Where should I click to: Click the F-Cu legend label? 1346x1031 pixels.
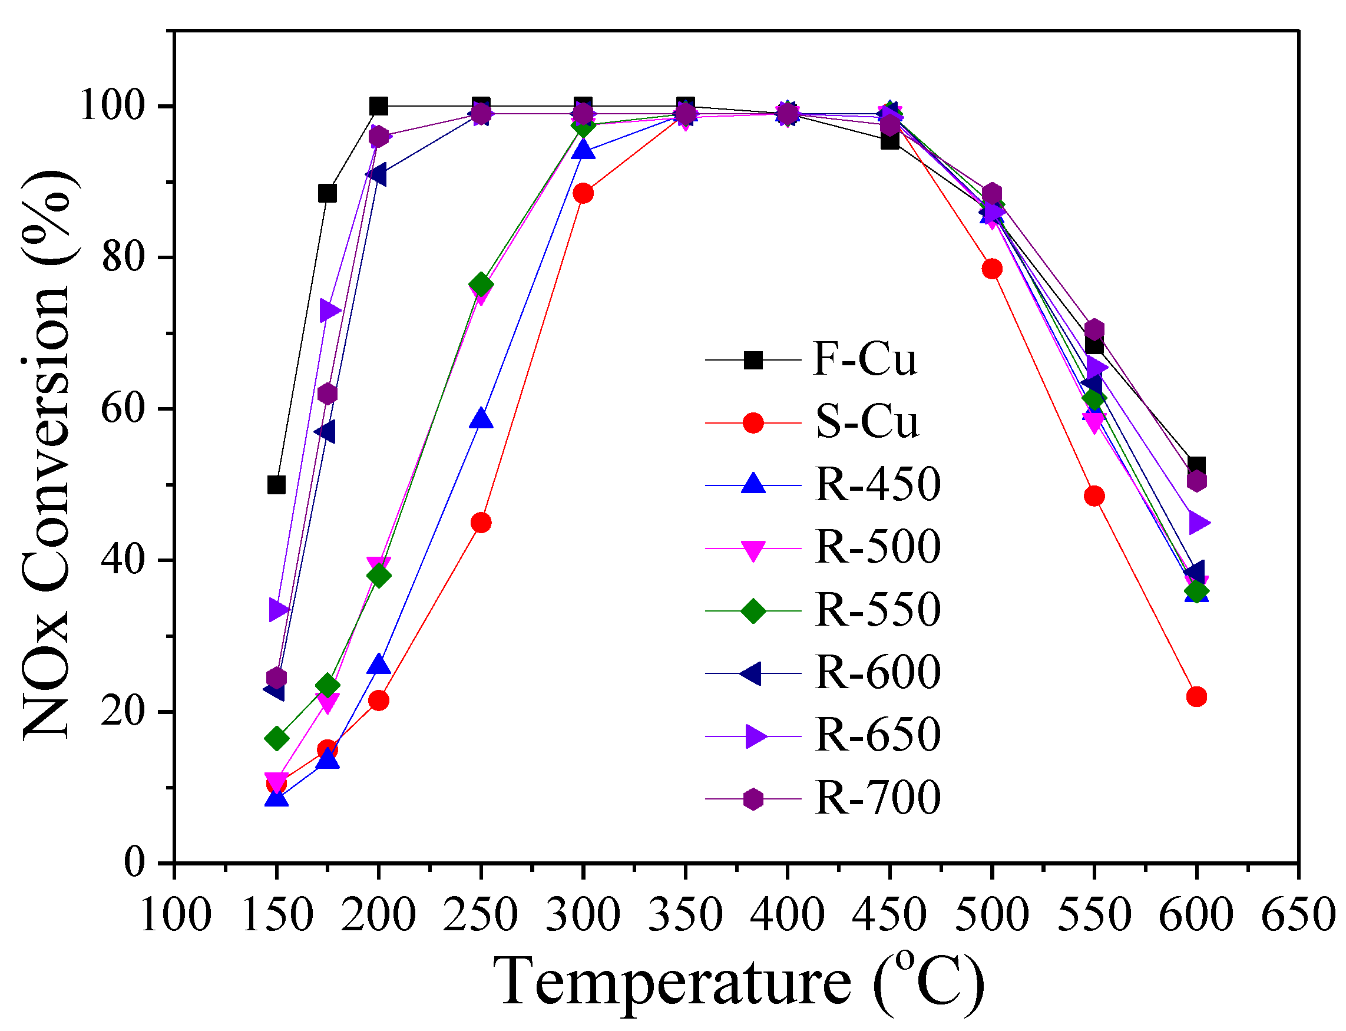[x=864, y=359]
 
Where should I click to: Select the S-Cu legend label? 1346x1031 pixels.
[x=867, y=422]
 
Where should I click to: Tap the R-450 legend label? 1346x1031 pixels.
[x=878, y=484]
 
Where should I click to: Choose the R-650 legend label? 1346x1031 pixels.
[x=878, y=735]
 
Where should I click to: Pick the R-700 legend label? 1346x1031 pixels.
[x=878, y=798]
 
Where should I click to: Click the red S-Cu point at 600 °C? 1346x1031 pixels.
[x=1196, y=696]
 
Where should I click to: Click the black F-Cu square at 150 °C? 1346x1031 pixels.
[x=277, y=485]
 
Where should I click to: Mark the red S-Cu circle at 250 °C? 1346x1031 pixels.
[x=481, y=523]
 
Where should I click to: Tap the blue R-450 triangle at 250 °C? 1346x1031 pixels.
[x=481, y=419]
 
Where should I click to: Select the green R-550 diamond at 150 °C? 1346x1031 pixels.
[x=277, y=738]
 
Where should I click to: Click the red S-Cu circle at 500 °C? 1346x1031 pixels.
[x=992, y=269]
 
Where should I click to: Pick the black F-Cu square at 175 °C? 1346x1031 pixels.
[x=328, y=193]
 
